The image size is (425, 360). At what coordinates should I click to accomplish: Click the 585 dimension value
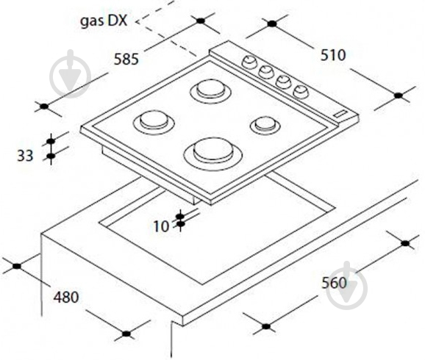126,59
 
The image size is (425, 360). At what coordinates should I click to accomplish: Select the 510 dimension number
333,55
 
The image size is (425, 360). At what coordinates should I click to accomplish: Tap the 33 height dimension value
25,156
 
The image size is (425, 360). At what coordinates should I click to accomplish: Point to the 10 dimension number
161,226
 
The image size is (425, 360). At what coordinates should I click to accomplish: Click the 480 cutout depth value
66,297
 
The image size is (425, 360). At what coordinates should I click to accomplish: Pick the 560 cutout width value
334,283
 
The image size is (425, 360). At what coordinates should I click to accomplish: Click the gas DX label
104,21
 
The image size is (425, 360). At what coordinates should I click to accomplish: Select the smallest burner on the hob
265,125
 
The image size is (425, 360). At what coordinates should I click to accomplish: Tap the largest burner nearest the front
213,154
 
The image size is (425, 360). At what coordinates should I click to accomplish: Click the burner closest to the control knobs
210,90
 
